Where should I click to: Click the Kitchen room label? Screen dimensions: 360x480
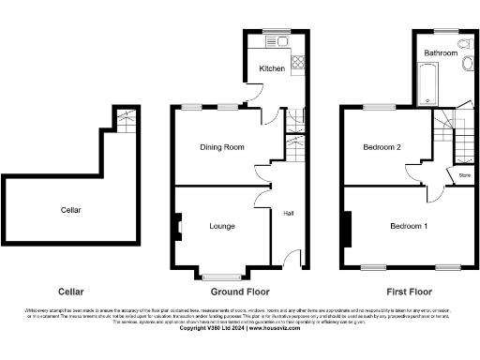(x=272, y=68)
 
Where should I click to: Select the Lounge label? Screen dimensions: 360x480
(x=222, y=226)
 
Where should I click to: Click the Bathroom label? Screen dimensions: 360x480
(x=441, y=54)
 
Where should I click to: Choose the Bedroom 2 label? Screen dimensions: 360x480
(x=382, y=147)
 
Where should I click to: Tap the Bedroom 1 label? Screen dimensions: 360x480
(x=408, y=226)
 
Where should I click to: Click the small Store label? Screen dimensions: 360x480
(x=464, y=174)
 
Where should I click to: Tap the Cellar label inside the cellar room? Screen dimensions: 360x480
(x=70, y=210)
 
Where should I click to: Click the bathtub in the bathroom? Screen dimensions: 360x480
(x=422, y=92)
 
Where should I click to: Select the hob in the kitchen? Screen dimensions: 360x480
(x=299, y=64)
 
